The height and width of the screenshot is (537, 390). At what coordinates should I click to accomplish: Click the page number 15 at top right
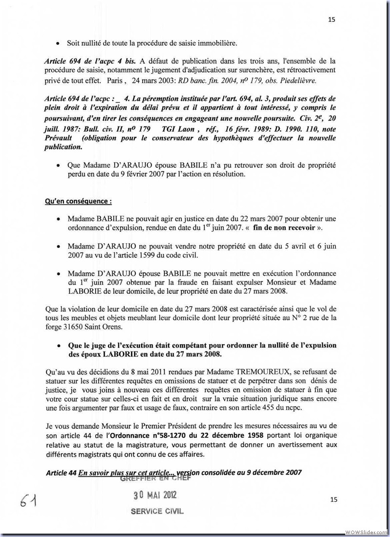(x=333, y=20)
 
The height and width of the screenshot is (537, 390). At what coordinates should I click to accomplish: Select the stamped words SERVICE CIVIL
(x=157, y=512)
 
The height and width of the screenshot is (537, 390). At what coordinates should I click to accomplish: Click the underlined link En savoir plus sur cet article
(x=125, y=472)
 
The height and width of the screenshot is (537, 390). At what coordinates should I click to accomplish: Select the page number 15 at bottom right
(x=333, y=499)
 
